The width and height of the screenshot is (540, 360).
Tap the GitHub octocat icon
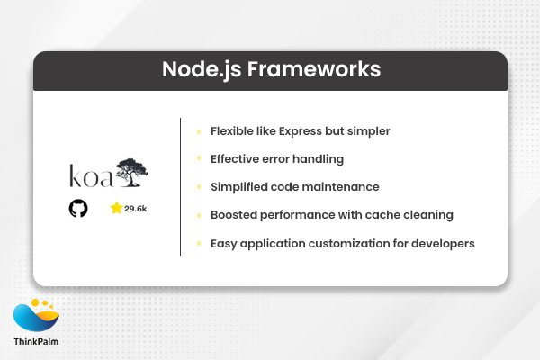[x=78, y=209]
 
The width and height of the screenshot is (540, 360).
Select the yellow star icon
[x=116, y=208]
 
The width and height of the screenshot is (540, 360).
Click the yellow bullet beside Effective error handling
[x=199, y=159]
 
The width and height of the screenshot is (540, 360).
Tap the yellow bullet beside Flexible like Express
[x=199, y=131]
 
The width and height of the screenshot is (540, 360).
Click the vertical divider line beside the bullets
[x=181, y=186]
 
